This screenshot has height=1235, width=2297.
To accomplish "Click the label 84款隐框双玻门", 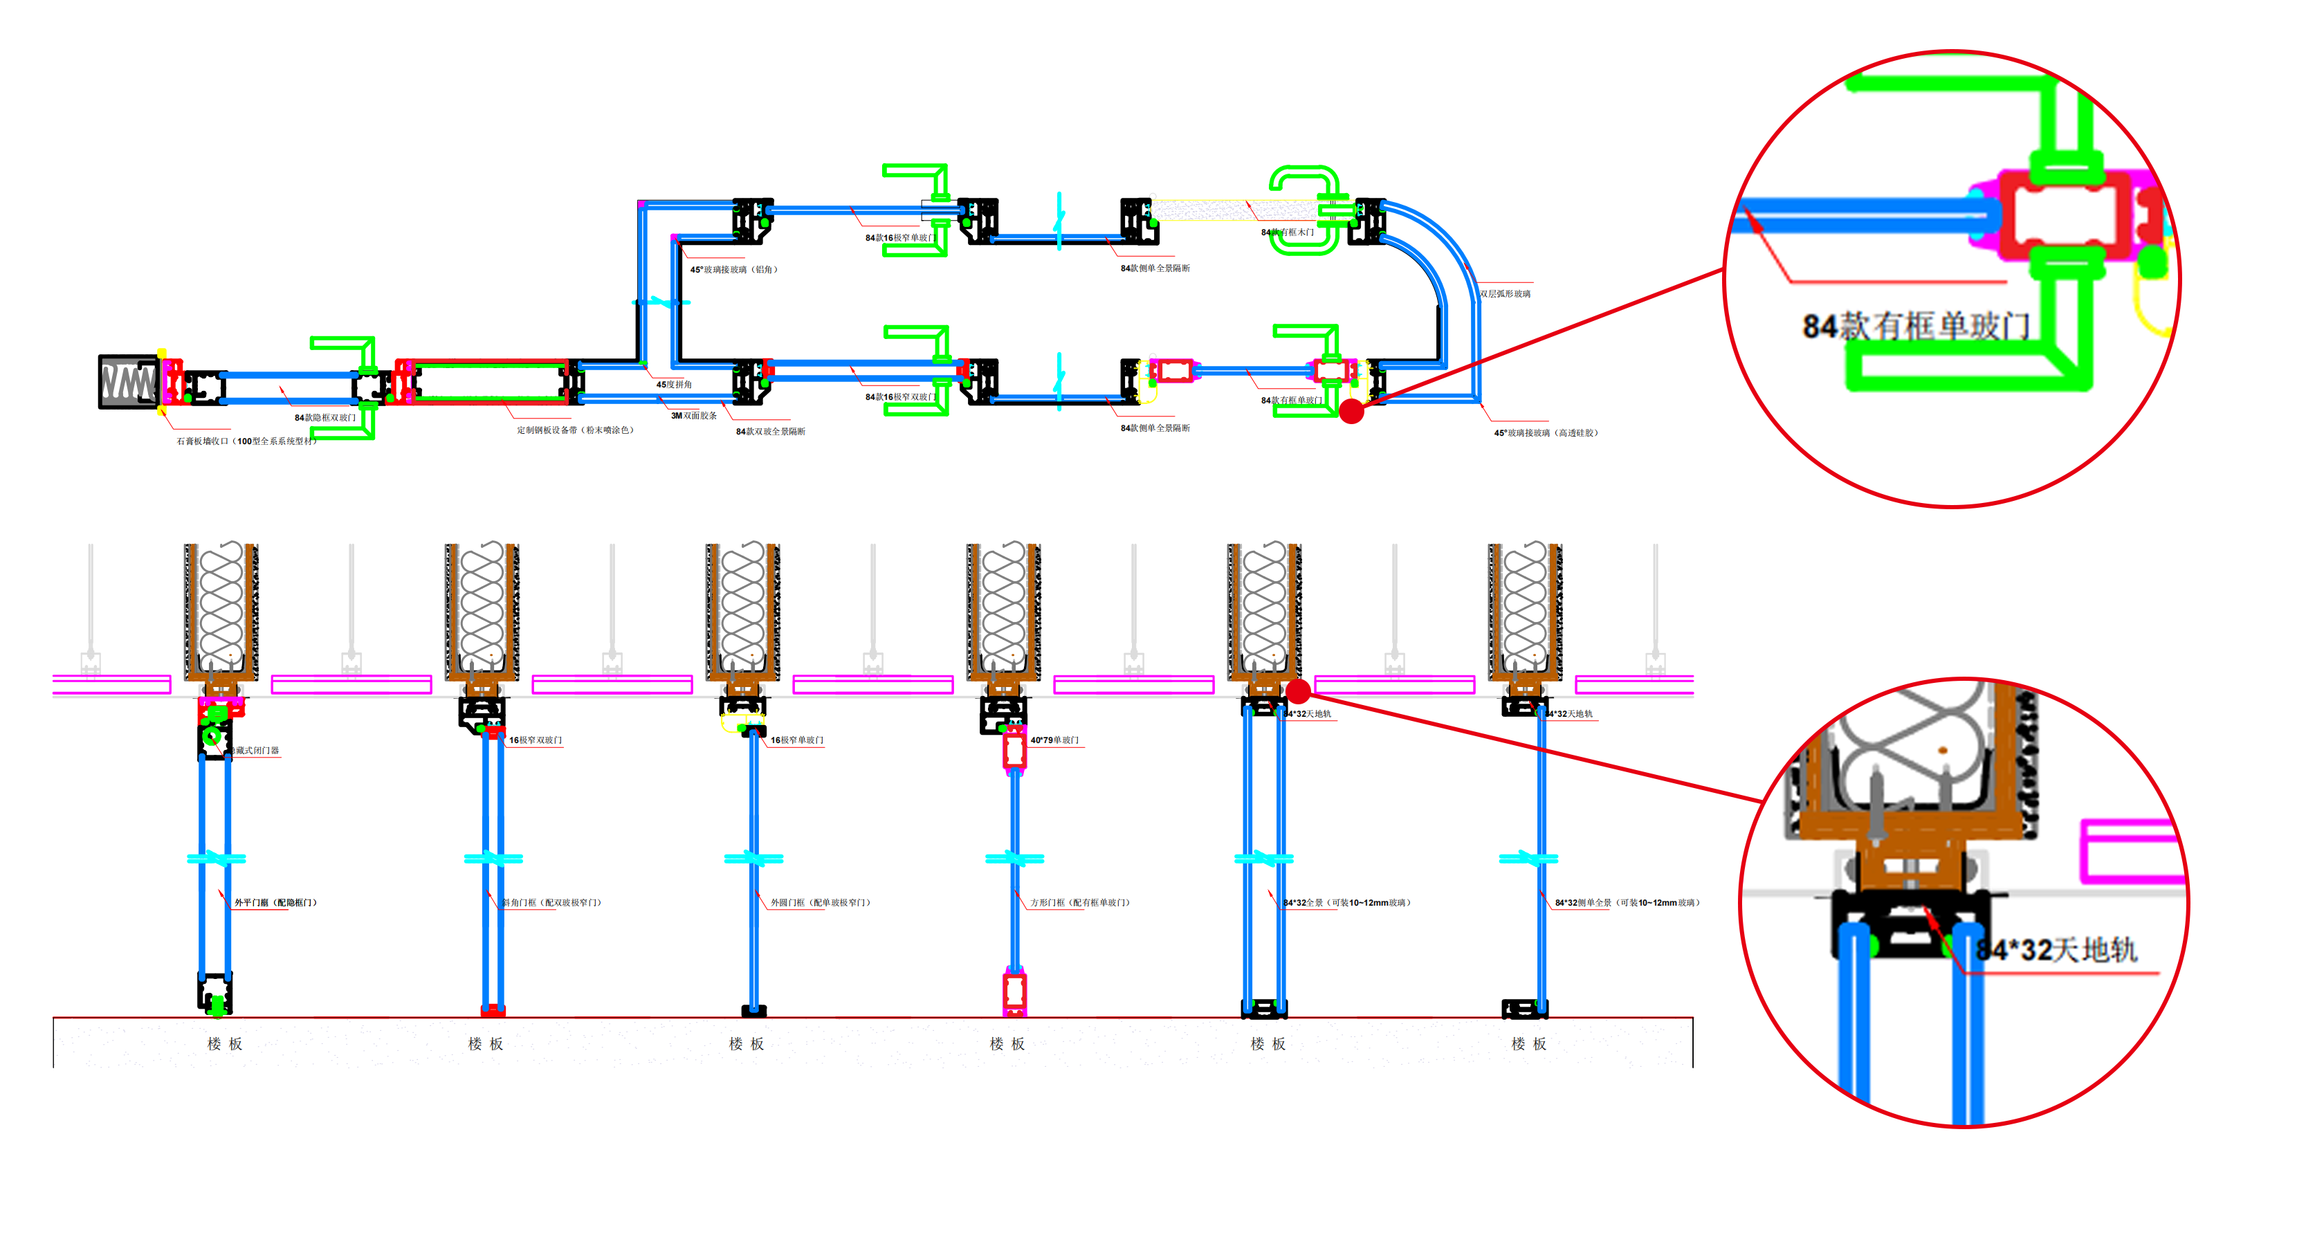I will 324,417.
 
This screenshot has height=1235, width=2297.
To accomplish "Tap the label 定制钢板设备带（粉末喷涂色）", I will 575,430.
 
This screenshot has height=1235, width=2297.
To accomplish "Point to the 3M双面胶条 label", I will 694,416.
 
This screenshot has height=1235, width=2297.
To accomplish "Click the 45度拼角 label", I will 674,384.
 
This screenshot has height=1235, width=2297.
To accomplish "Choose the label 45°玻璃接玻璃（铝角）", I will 734,269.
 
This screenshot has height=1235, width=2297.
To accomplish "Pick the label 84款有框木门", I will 1287,232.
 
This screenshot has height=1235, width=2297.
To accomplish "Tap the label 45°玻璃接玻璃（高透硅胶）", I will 1546,432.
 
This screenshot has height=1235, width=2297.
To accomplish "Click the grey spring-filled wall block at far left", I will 129,382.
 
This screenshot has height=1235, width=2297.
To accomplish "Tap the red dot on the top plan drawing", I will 1351,411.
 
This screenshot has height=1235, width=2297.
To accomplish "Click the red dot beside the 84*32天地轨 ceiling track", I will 1297,690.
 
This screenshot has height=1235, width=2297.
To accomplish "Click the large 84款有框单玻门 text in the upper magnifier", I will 1915,327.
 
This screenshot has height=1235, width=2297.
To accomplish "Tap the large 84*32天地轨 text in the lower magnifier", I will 2056,951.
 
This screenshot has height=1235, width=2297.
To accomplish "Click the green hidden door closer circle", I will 212,737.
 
